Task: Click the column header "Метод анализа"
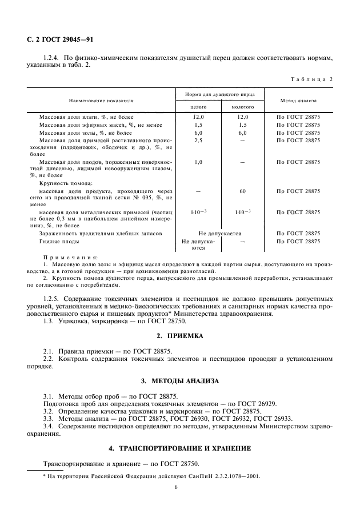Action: coord(298,100)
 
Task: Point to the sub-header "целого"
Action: coord(198,107)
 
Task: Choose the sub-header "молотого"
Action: coord(242,107)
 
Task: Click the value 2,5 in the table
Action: coord(198,140)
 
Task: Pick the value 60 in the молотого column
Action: coord(242,190)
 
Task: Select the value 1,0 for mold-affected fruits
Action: coord(198,162)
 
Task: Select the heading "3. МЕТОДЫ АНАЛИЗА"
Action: coord(180,380)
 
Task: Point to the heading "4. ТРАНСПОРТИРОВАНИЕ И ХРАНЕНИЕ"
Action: coord(180,449)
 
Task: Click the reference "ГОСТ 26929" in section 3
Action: coord(255,403)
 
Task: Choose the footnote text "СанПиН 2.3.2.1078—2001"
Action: coord(223,475)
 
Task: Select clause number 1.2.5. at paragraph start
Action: coord(53,299)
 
